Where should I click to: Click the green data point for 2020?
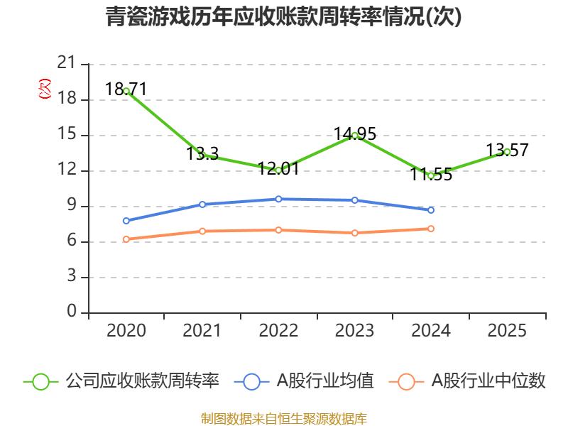(126, 91)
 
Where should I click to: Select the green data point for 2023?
(355, 135)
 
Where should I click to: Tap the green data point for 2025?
(507, 151)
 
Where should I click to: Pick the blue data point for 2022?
(278, 199)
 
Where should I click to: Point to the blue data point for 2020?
(126, 221)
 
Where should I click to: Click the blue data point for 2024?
(431, 210)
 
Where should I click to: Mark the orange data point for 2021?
(202, 231)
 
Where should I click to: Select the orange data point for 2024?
(431, 229)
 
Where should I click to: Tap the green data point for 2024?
(431, 175)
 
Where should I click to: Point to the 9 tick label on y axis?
(71, 206)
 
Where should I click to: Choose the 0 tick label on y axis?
(71, 312)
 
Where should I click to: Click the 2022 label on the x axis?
(278, 331)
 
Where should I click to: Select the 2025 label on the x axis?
(507, 331)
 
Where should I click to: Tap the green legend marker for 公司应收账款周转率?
(41, 381)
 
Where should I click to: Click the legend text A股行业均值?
(324, 381)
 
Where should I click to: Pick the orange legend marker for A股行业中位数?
(406, 381)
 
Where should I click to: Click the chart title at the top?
(284, 17)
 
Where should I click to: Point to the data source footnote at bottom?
(284, 418)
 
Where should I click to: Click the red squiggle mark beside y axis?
(45, 89)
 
